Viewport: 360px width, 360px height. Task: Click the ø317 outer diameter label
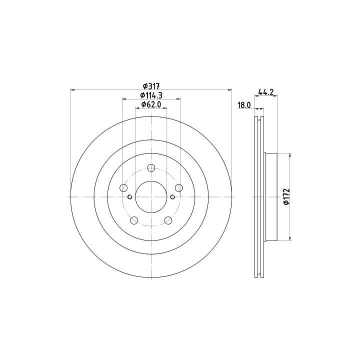tap(151, 86)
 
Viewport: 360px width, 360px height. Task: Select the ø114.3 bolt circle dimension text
tap(151, 95)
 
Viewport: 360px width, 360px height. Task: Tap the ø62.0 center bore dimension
tap(151, 104)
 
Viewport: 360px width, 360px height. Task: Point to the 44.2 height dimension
tap(266, 92)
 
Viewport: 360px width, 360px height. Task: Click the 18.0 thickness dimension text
tap(244, 105)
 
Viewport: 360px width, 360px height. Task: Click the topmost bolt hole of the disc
tap(151, 168)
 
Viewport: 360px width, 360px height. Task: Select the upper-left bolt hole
tap(124, 188)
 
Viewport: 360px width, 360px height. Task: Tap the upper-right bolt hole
tap(179, 188)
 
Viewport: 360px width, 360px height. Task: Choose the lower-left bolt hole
tap(134, 220)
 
